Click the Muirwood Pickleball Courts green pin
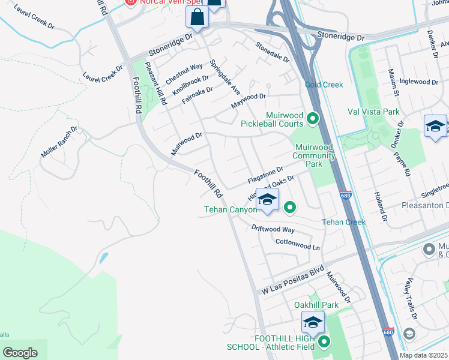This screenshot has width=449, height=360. click(312, 119)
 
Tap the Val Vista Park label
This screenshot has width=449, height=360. click(373, 112)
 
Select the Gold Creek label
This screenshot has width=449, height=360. click(324, 85)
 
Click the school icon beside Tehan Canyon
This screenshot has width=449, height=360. click(267, 200)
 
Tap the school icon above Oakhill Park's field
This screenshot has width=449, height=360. click(313, 324)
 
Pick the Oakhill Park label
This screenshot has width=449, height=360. click(316, 305)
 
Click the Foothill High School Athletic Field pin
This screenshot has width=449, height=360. click(325, 343)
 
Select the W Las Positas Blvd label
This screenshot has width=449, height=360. click(292, 280)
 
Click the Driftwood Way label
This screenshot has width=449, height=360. click(273, 229)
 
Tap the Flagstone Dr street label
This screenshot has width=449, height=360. click(265, 176)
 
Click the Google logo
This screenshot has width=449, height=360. click(20, 353)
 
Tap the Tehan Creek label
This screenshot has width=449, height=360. click(343, 222)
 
